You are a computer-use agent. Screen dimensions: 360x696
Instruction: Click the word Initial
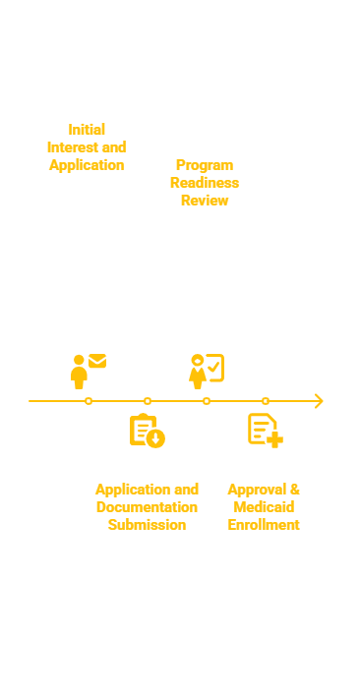point(87,130)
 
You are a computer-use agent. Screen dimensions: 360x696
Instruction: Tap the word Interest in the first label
point(72,146)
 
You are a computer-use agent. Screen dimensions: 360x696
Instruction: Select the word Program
point(205,165)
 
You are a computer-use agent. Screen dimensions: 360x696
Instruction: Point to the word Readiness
point(205,183)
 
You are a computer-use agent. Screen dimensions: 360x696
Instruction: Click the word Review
point(205,201)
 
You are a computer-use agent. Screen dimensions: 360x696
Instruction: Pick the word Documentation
point(147,507)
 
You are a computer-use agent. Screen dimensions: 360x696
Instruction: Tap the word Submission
point(147,525)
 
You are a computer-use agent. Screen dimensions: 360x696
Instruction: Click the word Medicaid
point(264,507)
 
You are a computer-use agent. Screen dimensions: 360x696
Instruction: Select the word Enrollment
point(264,525)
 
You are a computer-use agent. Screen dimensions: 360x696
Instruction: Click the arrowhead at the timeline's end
point(320,401)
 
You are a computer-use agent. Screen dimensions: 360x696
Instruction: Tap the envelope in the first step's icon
point(97,361)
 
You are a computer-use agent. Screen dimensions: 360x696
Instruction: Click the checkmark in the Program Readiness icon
point(213,367)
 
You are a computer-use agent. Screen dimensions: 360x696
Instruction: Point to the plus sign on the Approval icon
point(274,439)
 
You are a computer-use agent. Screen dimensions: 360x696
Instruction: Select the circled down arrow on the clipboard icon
point(155,439)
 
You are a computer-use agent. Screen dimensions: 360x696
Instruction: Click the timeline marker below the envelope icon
point(89,401)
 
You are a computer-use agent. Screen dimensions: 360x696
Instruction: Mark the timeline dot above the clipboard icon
point(148,401)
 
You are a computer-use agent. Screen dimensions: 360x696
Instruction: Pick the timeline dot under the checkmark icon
point(207,401)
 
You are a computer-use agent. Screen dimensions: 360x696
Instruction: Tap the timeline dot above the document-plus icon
point(266,401)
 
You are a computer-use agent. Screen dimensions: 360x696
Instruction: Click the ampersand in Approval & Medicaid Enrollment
point(295,490)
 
